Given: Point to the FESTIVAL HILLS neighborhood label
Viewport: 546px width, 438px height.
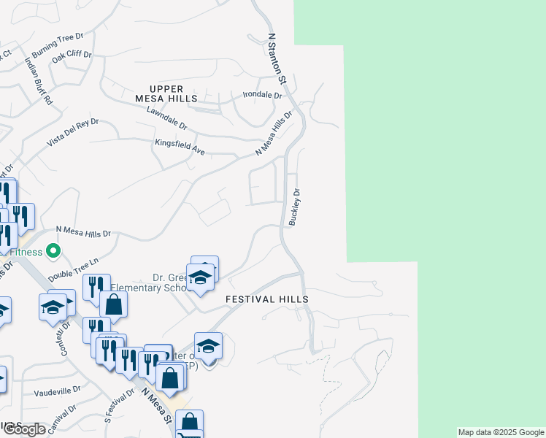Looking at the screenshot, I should click(266, 299).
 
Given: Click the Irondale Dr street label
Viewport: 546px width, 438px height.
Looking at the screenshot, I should click(262, 95).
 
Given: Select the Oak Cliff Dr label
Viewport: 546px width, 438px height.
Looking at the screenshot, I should click(71, 54).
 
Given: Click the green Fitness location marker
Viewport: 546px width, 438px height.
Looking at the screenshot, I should click(53, 251).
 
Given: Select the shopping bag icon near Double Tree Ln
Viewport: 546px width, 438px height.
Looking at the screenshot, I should click(113, 304).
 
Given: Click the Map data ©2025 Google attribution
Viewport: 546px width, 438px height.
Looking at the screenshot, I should click(501, 432).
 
